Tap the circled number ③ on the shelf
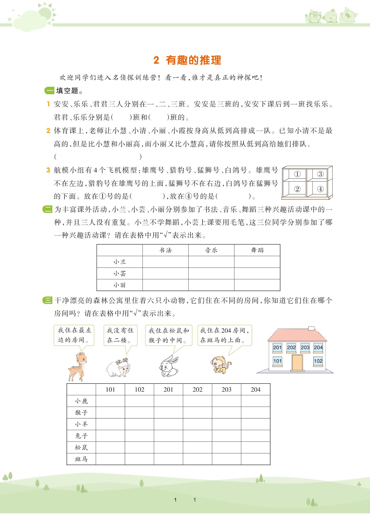(x=320, y=174)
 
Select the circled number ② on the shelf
(x=297, y=189)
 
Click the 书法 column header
(x=165, y=250)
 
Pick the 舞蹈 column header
(x=257, y=250)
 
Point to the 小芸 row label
(x=120, y=274)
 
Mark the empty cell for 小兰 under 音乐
(x=211, y=262)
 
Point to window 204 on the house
(x=318, y=347)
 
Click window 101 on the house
(x=277, y=361)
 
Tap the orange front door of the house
(x=297, y=363)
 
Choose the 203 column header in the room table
(x=227, y=390)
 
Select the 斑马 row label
(x=81, y=459)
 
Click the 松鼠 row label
(x=81, y=448)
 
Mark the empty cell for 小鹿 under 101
(x=110, y=401)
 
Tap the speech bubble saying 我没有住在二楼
(x=120, y=335)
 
